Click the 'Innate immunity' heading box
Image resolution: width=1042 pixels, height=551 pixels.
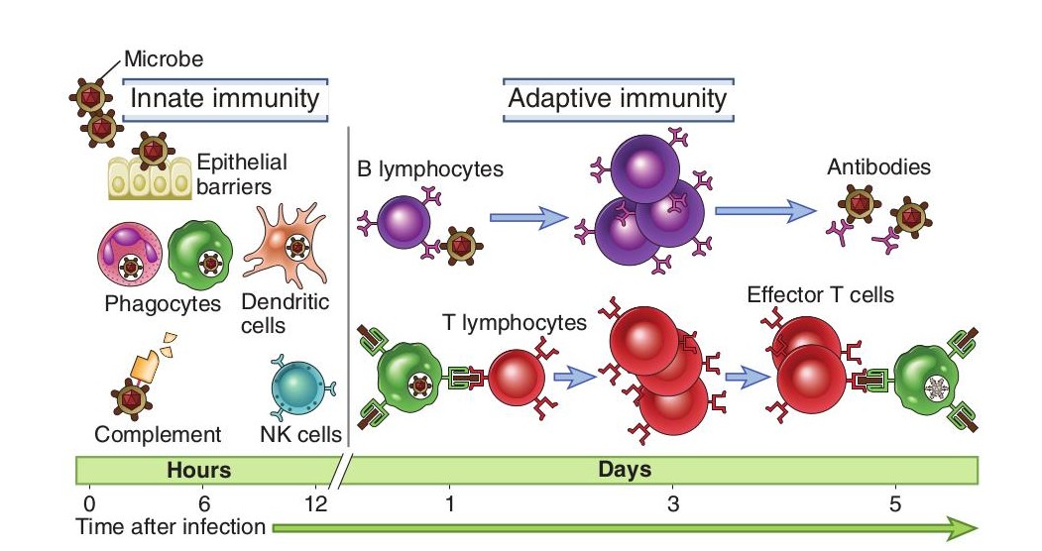tap(225, 99)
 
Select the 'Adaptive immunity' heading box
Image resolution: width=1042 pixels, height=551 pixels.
tap(617, 99)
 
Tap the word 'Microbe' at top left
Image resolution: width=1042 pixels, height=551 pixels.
tap(163, 59)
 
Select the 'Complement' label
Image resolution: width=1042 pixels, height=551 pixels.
tap(158, 434)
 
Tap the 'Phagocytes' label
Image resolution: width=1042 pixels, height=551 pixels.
tap(163, 303)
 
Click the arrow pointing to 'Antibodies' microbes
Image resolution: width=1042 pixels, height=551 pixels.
tap(760, 210)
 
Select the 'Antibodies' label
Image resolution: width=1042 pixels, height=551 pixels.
tap(878, 167)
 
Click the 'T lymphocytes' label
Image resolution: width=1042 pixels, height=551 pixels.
tap(515, 323)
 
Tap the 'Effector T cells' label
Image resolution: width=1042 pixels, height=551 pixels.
tap(822, 295)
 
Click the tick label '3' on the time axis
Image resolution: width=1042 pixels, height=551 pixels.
tap(674, 503)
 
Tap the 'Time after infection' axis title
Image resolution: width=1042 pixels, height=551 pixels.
tap(172, 527)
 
